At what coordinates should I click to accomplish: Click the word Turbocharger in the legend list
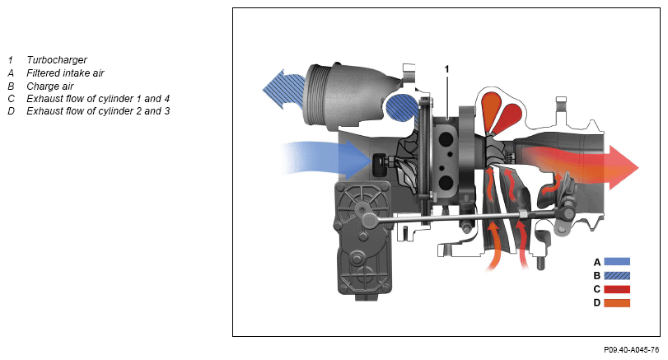57,60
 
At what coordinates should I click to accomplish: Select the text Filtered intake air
65,73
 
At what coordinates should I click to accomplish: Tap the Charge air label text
50,86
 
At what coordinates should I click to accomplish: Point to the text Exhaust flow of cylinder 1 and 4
98,99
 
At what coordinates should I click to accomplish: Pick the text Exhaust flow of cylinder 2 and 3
98,111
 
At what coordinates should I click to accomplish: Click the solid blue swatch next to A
617,262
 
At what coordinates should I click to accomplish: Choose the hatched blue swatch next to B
617,275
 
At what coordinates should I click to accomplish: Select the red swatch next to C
617,289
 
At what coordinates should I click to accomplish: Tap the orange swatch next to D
617,303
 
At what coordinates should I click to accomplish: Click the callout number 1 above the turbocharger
447,68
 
